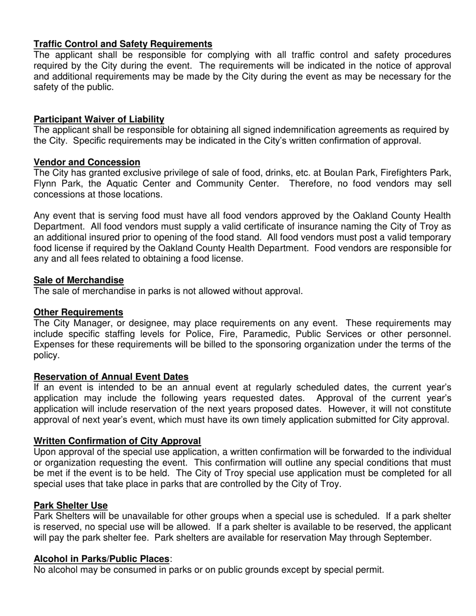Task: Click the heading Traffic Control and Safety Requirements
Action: coord(123,44)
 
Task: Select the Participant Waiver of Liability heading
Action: coord(99,119)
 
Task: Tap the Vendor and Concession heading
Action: coord(87,162)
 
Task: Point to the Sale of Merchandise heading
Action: coord(79,280)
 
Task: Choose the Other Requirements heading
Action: coord(78,313)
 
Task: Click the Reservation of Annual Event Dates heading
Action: coord(111,377)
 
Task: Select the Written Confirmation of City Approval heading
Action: coord(117,441)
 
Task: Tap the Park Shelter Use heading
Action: coord(70,506)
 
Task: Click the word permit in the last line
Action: coord(369,570)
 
